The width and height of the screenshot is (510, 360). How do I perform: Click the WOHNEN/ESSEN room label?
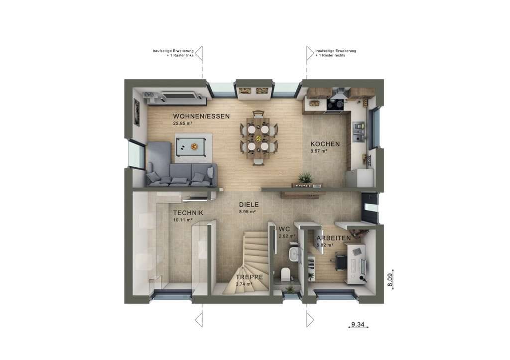point(201,117)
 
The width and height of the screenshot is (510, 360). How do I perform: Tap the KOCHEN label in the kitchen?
point(325,144)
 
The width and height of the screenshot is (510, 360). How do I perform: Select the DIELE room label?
point(249,205)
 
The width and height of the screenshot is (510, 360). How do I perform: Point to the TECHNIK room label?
point(188,213)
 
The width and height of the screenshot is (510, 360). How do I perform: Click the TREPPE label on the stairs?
point(250,277)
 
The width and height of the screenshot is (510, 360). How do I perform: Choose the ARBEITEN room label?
point(334,238)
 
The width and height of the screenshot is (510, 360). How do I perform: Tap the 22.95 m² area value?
point(182,123)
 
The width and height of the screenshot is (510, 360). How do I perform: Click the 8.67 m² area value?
point(319,151)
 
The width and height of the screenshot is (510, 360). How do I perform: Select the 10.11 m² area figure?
point(182,220)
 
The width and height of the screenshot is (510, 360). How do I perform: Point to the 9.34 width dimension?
point(358,324)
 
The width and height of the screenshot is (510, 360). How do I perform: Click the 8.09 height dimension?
point(390,280)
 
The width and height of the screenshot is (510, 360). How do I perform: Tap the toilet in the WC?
point(285,274)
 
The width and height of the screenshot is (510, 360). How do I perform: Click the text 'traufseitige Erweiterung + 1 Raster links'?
point(173,53)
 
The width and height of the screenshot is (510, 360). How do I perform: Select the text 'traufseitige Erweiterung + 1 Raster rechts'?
point(336,53)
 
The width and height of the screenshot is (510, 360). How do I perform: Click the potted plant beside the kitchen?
point(305,178)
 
